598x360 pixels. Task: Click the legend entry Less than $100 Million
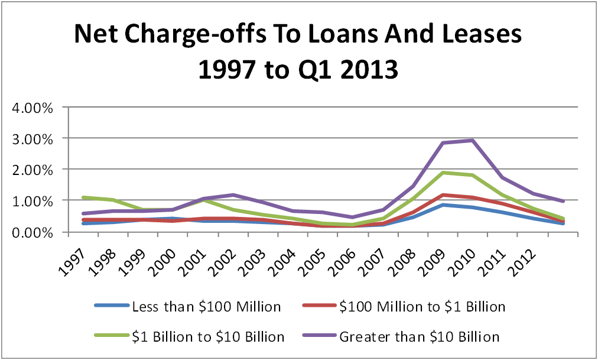[206, 306]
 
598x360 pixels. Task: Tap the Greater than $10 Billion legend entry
[419, 337]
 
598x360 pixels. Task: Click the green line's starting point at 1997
[83, 197]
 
